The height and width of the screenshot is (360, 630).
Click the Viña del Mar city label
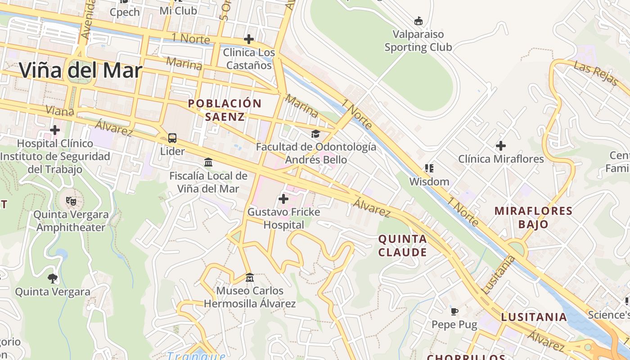81,71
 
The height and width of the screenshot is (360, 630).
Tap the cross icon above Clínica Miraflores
500,146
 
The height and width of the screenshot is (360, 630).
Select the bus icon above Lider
172,138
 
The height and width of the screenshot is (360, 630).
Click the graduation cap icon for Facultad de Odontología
315,134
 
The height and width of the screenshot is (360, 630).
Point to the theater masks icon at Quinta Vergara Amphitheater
71,201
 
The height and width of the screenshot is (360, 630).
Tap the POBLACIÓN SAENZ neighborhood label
225,110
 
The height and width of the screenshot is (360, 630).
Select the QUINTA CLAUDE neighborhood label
402,245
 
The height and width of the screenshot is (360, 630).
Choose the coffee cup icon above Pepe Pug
454,311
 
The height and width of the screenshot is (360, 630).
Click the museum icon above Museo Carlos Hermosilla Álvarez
250,277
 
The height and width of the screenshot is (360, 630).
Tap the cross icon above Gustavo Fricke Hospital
283,198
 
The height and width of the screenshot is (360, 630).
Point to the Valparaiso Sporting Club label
418,40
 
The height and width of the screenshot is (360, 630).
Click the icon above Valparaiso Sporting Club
418,21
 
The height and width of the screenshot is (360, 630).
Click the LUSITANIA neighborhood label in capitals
534,317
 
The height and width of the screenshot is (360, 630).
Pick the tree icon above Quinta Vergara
53,278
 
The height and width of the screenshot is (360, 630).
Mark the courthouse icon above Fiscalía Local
208,162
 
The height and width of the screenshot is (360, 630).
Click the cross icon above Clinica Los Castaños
248,39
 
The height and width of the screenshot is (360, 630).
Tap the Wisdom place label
429,182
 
